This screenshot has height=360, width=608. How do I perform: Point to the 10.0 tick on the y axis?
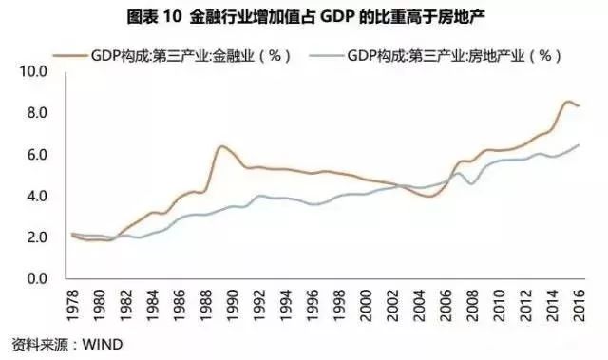coord(33,71)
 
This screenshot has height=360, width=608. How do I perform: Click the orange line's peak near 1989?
coord(221,146)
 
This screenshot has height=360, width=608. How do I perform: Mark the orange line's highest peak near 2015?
coord(568,102)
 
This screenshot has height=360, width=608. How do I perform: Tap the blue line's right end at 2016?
coord(579,144)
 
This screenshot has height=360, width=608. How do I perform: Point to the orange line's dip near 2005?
coord(429,197)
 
